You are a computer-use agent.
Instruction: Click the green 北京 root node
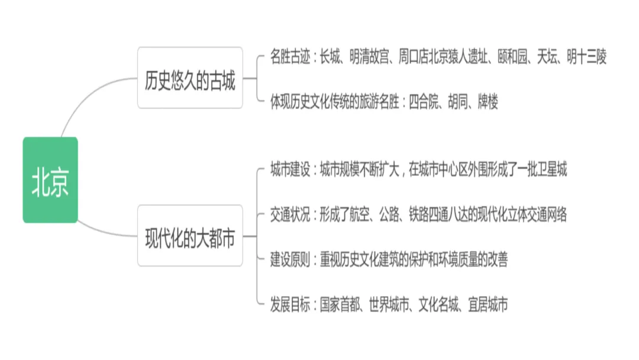click(x=50, y=180)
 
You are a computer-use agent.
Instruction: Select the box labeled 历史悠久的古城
click(x=190, y=78)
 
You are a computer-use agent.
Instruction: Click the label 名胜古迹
click(x=290, y=57)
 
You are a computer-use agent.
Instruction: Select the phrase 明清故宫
click(x=369, y=57)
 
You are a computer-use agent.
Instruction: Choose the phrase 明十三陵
click(x=586, y=57)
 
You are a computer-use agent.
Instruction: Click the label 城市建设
click(x=290, y=170)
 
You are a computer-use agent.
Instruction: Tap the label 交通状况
click(x=290, y=214)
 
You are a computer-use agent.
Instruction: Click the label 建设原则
click(x=290, y=259)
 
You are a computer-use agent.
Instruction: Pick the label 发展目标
click(x=290, y=304)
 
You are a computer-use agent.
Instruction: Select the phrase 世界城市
click(x=388, y=304)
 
